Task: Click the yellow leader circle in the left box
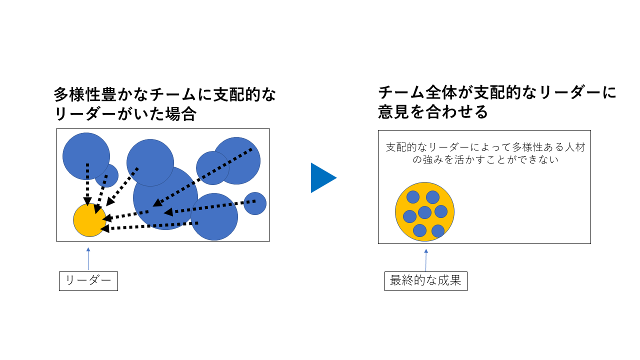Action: coord(89,220)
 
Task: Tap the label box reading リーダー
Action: coord(88,281)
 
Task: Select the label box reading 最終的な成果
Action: coord(425,281)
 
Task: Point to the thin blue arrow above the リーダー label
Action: coord(88,258)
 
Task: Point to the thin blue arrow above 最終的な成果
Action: coord(426,260)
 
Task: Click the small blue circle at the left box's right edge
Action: coord(255,203)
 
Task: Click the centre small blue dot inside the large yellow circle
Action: coord(424,212)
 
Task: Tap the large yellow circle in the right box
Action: coord(424,211)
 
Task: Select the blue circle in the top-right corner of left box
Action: coord(236,161)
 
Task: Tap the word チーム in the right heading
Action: coord(401,93)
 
